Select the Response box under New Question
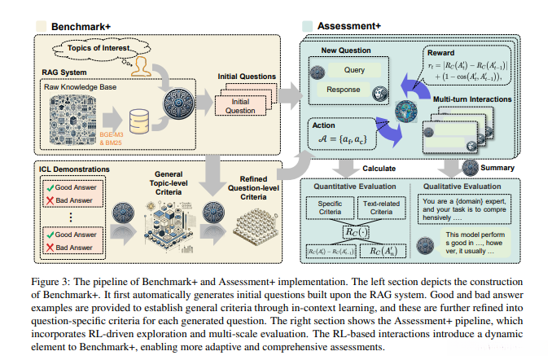click(343, 89)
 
